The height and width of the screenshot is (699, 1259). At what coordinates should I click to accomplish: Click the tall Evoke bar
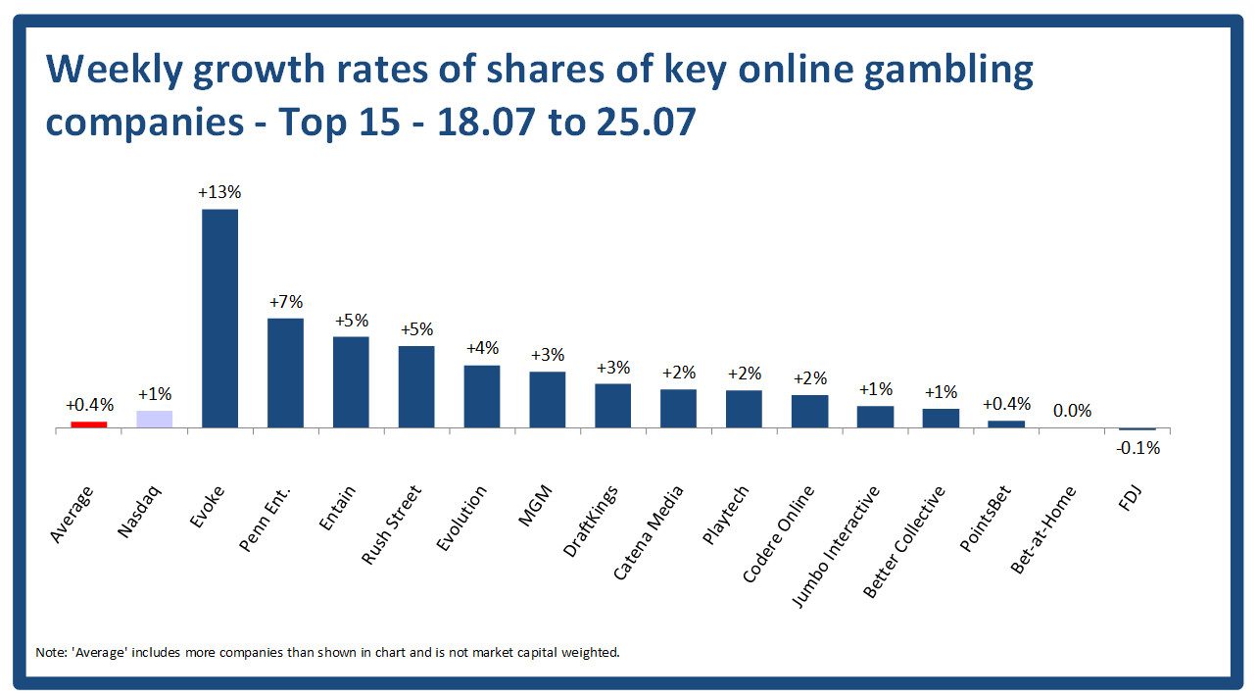click(219, 318)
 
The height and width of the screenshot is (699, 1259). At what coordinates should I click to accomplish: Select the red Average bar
click(88, 424)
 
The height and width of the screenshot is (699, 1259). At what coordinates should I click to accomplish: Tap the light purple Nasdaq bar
click(154, 419)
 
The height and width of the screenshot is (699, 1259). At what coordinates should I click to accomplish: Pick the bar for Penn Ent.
click(285, 373)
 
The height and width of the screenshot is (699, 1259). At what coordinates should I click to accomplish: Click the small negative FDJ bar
click(1138, 429)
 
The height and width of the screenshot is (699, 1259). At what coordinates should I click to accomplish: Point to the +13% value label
click(219, 192)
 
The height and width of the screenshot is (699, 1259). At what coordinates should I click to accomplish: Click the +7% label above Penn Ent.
click(285, 301)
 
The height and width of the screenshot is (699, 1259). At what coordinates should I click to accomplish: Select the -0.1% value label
click(1138, 448)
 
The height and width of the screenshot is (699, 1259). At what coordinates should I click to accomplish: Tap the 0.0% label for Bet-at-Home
click(1072, 412)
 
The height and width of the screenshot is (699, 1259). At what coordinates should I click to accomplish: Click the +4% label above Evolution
click(482, 348)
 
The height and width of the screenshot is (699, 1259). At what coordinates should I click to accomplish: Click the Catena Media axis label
click(649, 532)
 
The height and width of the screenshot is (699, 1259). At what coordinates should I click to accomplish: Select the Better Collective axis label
click(904, 541)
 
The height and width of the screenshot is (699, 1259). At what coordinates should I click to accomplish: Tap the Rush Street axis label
click(392, 524)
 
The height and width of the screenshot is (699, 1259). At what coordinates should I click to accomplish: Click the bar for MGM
click(548, 399)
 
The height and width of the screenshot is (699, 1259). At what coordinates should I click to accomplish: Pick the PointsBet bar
click(1006, 424)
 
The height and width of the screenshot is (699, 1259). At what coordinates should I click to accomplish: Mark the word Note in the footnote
click(47, 652)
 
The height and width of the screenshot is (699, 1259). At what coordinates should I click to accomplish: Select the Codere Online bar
click(809, 411)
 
